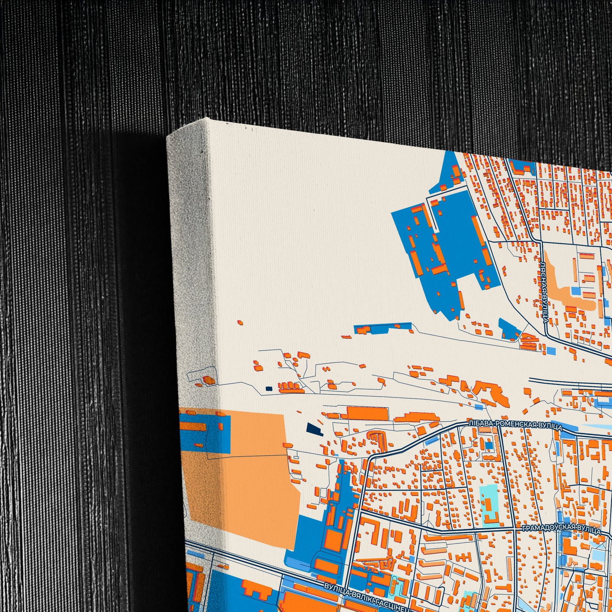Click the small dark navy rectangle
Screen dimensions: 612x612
[269, 388]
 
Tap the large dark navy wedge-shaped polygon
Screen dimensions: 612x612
[314, 428]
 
